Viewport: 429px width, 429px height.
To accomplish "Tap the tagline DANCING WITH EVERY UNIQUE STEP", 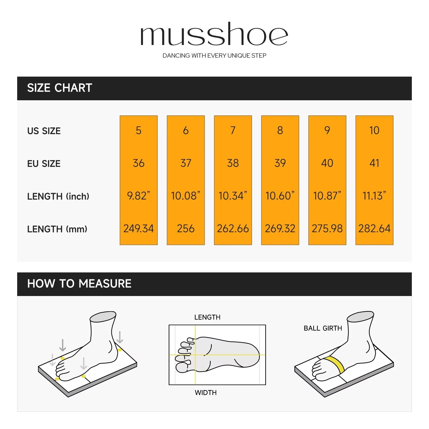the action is [x=214, y=56].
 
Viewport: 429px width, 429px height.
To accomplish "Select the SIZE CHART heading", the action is [x=60, y=88].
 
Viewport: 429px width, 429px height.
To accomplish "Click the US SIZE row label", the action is [x=44, y=131].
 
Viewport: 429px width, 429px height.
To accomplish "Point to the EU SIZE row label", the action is [x=44, y=164].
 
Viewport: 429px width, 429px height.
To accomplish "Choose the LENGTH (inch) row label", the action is [x=58, y=196].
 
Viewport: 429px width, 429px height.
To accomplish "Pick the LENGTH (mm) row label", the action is [x=57, y=229].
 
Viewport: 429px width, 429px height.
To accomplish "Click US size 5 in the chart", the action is [x=138, y=130].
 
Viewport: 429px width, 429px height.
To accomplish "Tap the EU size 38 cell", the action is [x=233, y=163].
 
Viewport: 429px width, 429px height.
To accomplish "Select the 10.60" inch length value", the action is [x=280, y=195].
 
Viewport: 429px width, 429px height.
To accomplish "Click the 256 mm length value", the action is [x=186, y=228].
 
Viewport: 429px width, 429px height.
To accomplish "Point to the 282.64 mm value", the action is [x=374, y=228].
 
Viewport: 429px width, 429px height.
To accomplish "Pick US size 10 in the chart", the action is [x=374, y=130].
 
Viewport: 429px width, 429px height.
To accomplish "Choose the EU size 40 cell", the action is [x=327, y=163].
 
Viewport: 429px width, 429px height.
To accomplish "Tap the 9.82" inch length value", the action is [x=138, y=195].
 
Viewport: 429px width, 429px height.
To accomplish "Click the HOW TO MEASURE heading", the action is [x=79, y=284].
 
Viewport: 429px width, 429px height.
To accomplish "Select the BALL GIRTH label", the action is [x=323, y=328].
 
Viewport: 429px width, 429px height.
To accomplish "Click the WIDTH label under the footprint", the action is [x=206, y=393].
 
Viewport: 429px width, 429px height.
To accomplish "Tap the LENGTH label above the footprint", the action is [x=207, y=317].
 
